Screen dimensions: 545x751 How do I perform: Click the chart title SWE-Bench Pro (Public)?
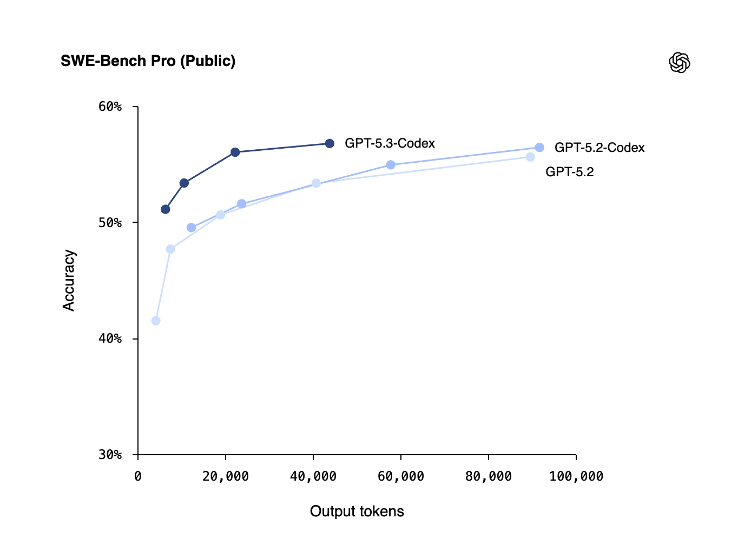[x=148, y=61]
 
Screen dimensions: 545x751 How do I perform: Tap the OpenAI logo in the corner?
[x=680, y=63]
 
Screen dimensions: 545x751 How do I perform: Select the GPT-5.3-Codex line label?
[x=390, y=143]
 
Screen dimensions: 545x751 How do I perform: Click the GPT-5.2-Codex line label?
[x=600, y=148]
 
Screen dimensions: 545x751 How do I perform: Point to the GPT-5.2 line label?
[x=569, y=172]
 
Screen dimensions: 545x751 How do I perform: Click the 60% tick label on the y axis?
[x=110, y=107]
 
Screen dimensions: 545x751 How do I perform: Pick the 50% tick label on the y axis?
[x=110, y=223]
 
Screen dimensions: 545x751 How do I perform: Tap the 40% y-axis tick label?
[x=110, y=339]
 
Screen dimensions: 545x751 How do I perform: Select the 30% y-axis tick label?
[x=110, y=455]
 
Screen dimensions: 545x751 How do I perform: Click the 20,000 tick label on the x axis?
[x=226, y=476]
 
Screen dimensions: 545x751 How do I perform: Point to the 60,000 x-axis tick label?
[x=401, y=476]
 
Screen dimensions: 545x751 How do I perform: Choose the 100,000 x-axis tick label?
[x=576, y=476]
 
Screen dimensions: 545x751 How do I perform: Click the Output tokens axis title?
[x=357, y=511]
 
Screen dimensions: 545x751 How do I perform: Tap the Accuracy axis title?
[x=69, y=280]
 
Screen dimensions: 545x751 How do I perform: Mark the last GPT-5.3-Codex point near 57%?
[x=330, y=143]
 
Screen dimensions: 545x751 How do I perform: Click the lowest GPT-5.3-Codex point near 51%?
[x=166, y=209]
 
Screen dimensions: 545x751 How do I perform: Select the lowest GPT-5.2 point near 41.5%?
[x=156, y=321]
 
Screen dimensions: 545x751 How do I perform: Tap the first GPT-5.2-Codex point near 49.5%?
[x=191, y=228]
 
